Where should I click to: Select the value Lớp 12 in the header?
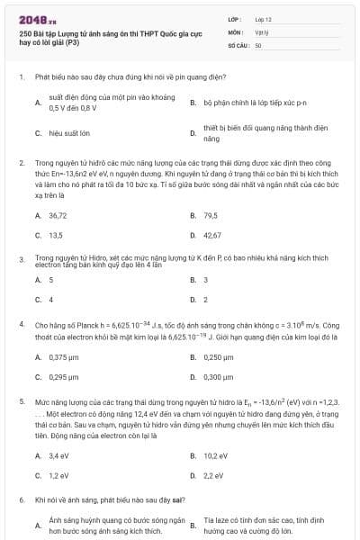tap(263, 18)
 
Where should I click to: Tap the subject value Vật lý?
tap(261, 31)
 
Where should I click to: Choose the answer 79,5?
tap(211, 216)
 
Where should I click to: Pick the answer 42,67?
tap(212, 235)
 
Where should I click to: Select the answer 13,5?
tap(56, 235)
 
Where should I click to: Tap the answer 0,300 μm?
tap(220, 376)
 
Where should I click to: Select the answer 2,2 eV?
tap(213, 475)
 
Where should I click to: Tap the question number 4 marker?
tap(22, 322)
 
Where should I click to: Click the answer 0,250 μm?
tap(220, 357)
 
